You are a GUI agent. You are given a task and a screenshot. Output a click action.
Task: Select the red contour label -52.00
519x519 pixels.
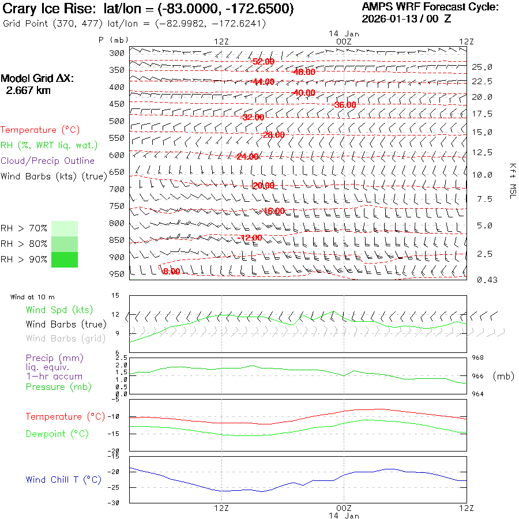click(264, 62)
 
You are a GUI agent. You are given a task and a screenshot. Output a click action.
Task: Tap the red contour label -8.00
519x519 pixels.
click(171, 271)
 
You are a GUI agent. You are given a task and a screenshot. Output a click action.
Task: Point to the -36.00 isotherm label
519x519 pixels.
click(345, 105)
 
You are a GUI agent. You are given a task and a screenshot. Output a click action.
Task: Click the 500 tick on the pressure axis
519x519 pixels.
click(116, 121)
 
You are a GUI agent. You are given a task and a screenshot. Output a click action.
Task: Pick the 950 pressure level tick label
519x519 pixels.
click(116, 274)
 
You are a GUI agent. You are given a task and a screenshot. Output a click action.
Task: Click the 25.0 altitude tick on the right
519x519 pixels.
click(482, 67)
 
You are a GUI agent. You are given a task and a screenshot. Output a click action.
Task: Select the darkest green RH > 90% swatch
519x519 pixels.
click(65, 260)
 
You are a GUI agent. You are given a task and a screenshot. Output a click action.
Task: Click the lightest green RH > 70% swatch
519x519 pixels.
click(65, 228)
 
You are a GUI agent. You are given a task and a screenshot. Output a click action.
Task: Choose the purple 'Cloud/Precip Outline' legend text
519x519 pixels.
click(47, 161)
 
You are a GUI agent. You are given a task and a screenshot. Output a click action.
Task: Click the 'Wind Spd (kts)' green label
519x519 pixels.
click(59, 310)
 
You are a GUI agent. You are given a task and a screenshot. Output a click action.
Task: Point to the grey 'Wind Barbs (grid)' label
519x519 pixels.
click(59, 339)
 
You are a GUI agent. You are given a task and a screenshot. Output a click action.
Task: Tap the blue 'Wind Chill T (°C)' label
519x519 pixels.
click(63, 480)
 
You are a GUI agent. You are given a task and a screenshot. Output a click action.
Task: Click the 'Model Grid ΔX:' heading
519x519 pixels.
click(37, 79)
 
